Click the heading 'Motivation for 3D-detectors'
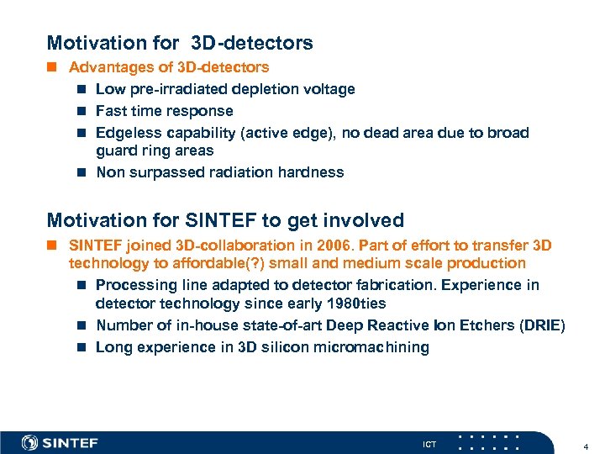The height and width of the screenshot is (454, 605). click(180, 43)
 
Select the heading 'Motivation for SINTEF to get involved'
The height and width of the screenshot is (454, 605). click(225, 220)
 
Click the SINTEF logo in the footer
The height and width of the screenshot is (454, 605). click(60, 443)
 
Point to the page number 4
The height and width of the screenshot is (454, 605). click(585, 444)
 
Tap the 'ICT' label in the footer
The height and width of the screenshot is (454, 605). click(429, 444)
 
